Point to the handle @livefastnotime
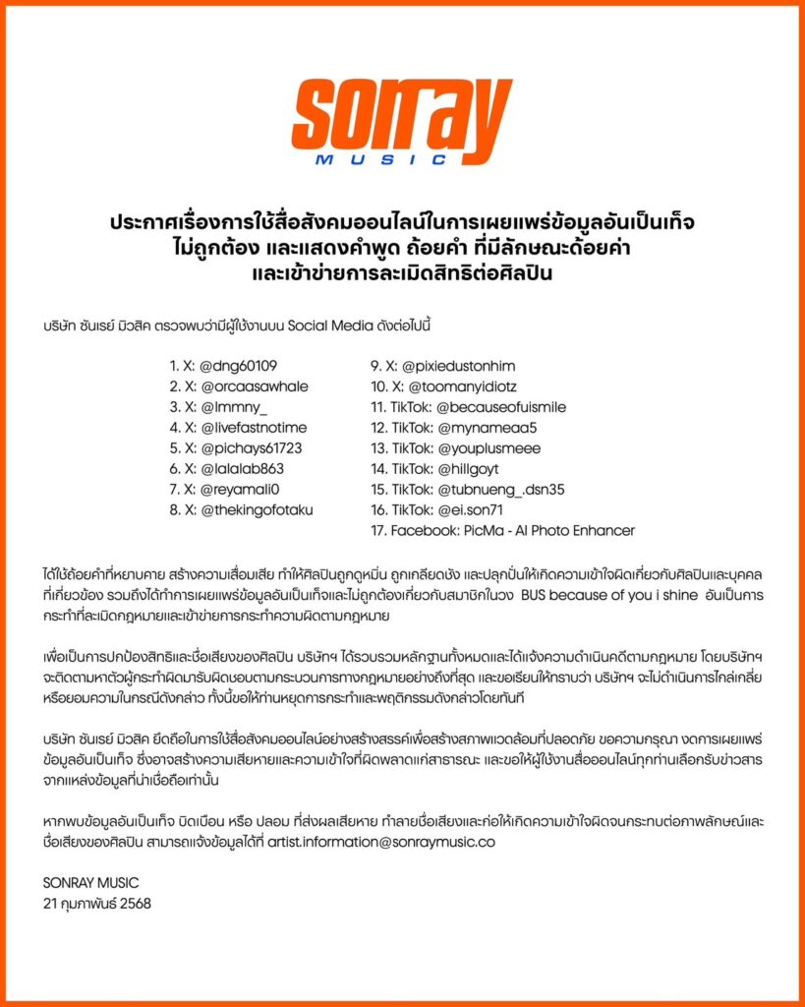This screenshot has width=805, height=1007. tap(254, 428)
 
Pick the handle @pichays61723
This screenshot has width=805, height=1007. tap(251, 448)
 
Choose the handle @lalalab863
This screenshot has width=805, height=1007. tap(242, 469)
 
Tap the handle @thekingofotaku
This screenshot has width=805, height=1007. tap(258, 509)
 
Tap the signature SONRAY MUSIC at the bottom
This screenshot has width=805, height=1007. tap(90, 882)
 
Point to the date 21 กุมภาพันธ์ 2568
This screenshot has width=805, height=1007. tap(97, 902)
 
